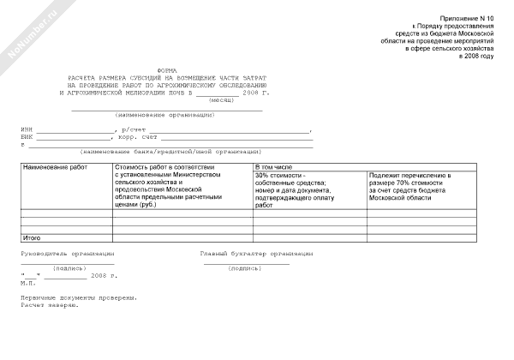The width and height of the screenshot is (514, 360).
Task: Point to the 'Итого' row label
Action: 33,236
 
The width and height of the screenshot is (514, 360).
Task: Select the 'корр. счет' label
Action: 135,137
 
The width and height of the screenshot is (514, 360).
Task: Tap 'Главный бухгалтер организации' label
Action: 256,255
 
